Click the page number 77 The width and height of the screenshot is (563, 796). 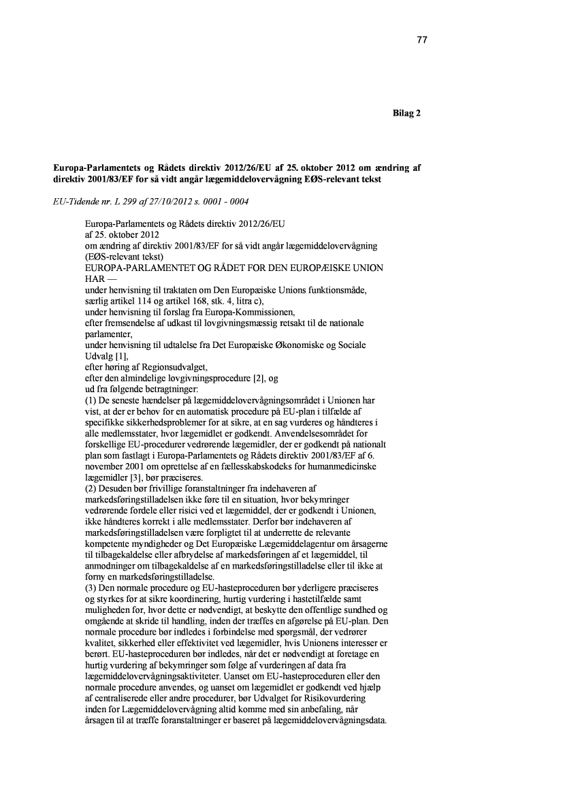pos(421,40)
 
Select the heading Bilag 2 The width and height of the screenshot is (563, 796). pos(406,113)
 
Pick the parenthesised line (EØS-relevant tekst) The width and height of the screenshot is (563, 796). pos(125,257)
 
